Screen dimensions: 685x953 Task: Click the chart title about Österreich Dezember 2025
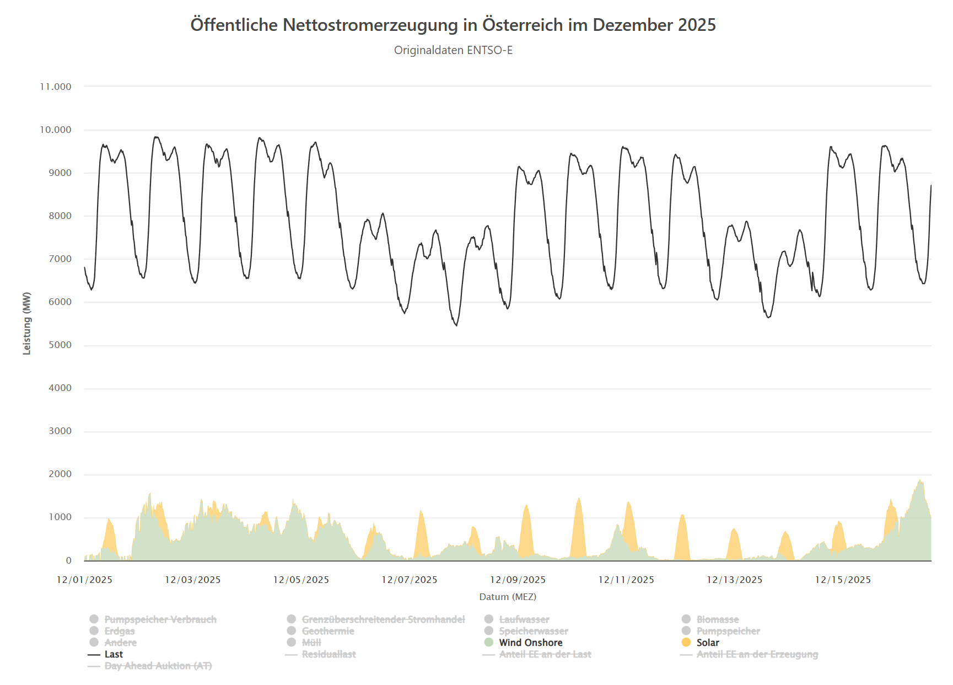(x=453, y=25)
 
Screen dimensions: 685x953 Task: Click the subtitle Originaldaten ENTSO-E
(x=453, y=50)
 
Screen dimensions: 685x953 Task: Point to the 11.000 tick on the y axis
(x=56, y=87)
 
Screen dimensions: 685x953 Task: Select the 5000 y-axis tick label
(x=60, y=345)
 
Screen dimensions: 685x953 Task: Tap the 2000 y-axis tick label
(x=60, y=474)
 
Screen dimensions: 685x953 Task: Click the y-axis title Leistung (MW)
(x=26, y=323)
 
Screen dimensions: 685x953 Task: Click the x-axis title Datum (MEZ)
(x=508, y=597)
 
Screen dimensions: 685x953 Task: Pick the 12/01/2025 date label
(x=84, y=580)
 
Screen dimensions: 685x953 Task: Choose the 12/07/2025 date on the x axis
(x=410, y=580)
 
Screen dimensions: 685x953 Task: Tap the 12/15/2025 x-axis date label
(x=843, y=580)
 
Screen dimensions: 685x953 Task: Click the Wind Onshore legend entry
(x=531, y=643)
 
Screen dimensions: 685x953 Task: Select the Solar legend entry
(x=708, y=643)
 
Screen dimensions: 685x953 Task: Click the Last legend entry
(x=114, y=654)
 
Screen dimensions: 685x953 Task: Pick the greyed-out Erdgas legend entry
(x=120, y=631)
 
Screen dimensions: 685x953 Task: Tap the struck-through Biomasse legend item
(x=718, y=619)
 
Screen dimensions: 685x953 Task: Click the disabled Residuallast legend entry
(x=329, y=654)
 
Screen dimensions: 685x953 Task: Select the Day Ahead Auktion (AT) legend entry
(x=158, y=666)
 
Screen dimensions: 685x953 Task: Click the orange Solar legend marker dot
(x=686, y=642)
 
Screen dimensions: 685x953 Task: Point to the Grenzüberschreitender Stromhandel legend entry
(x=383, y=619)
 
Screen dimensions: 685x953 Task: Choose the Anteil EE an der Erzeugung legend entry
(x=757, y=654)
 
